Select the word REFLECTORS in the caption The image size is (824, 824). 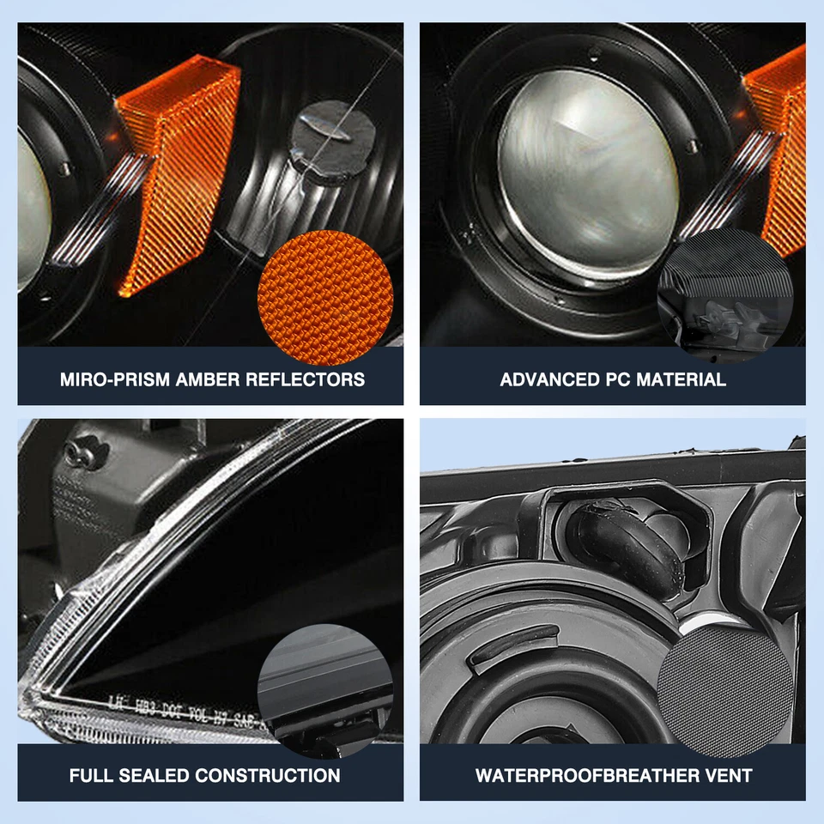tap(306, 379)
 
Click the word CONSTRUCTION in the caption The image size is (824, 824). tap(268, 775)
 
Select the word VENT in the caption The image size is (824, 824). tap(729, 775)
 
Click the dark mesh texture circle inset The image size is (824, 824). tap(724, 682)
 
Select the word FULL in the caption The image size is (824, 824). tap(90, 775)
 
